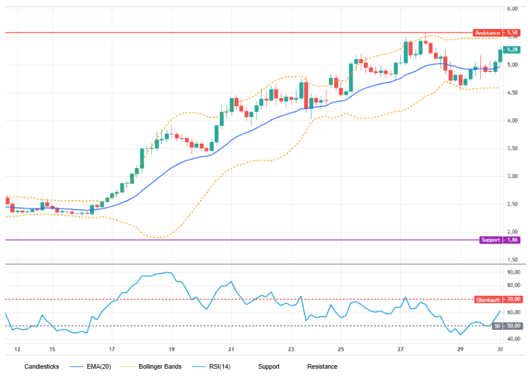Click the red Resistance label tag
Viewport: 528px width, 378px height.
coord(488,33)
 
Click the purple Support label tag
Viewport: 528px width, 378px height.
coord(491,240)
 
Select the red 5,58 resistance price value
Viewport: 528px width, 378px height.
coord(512,33)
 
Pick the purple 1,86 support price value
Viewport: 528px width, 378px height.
coord(512,240)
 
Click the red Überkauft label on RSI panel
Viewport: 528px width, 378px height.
coord(488,299)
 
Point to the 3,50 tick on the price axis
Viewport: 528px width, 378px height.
coord(512,148)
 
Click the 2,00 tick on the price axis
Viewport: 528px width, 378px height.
coord(512,232)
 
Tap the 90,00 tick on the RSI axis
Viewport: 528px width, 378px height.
coord(514,272)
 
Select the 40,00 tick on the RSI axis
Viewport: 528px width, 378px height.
coord(514,338)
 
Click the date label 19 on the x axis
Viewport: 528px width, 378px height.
coord(172,349)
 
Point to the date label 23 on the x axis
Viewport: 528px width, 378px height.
coord(291,349)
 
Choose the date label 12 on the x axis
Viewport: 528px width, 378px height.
coord(17,349)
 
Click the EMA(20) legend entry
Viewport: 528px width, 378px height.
coord(99,366)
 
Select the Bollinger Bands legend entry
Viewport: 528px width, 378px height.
coord(160,366)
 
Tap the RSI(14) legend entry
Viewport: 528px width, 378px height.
coord(220,366)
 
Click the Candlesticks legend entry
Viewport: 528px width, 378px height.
coord(42,366)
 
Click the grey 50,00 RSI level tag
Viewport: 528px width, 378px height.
coord(507,326)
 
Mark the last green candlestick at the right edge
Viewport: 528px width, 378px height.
coord(500,56)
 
